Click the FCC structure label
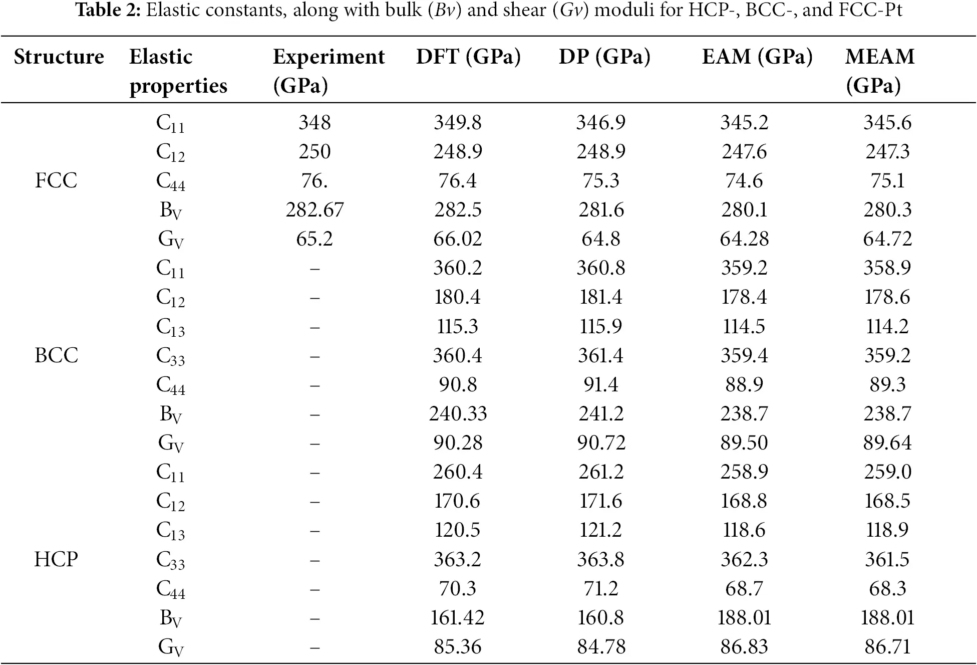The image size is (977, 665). pyautogui.click(x=56, y=180)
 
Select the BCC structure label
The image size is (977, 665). pyautogui.click(x=56, y=355)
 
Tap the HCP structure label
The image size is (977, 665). pyautogui.click(x=56, y=559)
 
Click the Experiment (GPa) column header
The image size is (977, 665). pyautogui.click(x=329, y=71)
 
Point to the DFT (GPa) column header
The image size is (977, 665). pyautogui.click(x=468, y=57)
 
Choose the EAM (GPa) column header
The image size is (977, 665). pyautogui.click(x=757, y=57)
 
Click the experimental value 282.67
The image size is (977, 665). pyautogui.click(x=314, y=209)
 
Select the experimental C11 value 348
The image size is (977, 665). pyautogui.click(x=314, y=122)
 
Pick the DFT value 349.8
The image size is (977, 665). pyautogui.click(x=458, y=122)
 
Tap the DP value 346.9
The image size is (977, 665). pyautogui.click(x=600, y=122)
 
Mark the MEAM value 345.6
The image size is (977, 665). pyautogui.click(x=887, y=122)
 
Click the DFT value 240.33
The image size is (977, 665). pyautogui.click(x=458, y=413)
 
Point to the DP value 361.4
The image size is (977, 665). pyautogui.click(x=600, y=355)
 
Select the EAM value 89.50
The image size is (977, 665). pyautogui.click(x=744, y=442)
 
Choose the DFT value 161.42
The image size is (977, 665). pyautogui.click(x=458, y=617)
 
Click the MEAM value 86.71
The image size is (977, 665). pyautogui.click(x=887, y=646)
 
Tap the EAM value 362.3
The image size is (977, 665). pyautogui.click(x=744, y=559)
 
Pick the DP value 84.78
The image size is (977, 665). pyautogui.click(x=600, y=646)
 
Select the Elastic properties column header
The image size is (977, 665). pyautogui.click(x=178, y=71)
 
